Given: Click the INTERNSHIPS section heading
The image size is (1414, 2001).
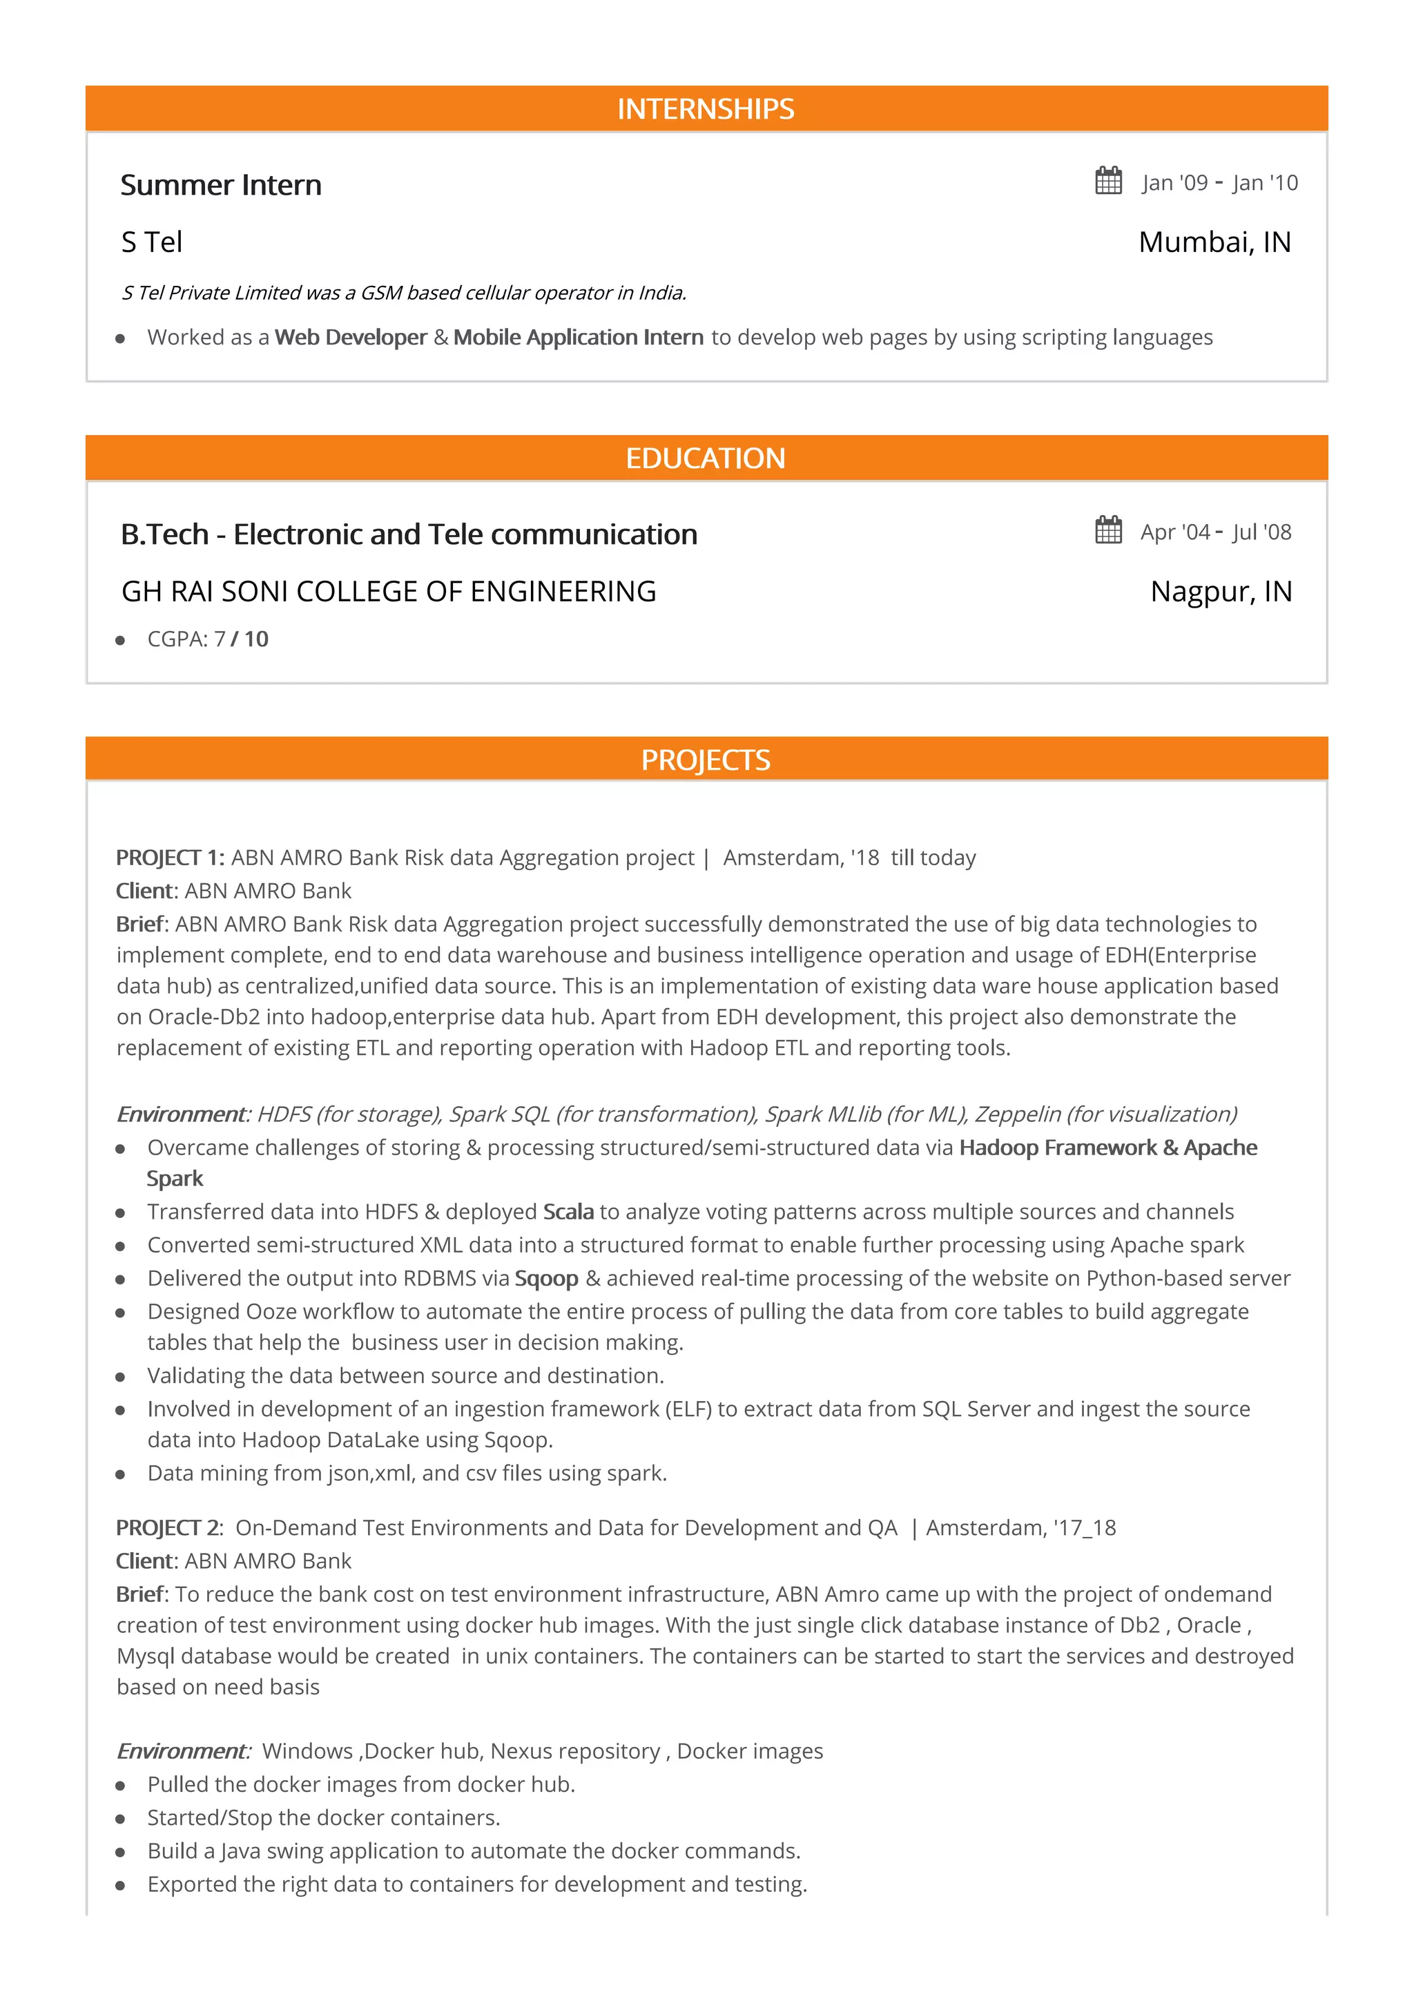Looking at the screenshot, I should (706, 109).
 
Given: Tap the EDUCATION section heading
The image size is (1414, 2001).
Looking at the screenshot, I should (706, 458).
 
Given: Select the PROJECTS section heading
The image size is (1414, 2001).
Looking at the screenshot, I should (706, 760).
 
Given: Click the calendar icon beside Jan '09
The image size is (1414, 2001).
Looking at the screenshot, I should (1108, 182).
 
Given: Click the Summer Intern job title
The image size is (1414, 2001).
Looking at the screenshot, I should (222, 185).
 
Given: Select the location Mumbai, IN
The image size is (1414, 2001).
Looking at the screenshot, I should (1214, 242).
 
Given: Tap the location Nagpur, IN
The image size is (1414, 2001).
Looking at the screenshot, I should (1221, 592).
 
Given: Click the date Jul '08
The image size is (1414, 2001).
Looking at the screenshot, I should (1261, 532).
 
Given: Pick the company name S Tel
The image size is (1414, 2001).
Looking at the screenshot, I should (152, 242).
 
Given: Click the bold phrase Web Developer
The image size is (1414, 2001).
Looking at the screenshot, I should (350, 337).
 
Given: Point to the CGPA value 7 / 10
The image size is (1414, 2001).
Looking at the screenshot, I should (242, 639).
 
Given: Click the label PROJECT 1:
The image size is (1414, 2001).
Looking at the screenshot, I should (171, 858).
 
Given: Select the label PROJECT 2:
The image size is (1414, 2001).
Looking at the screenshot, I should (170, 1528).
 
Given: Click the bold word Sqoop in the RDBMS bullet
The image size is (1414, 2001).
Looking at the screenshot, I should (546, 1279).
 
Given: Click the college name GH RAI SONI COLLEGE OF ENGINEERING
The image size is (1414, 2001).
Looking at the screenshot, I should (389, 592).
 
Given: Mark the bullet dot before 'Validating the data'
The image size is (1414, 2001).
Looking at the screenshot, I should (120, 1377).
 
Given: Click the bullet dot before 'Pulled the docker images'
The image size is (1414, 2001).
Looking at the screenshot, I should (120, 1786).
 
